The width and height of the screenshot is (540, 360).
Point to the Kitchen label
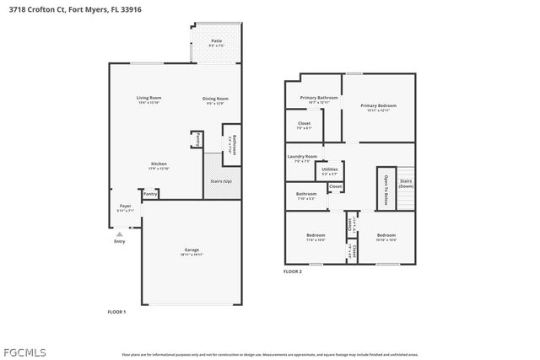[159, 165]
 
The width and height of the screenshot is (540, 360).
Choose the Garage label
[192, 251]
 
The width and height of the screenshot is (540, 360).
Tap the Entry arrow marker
[119, 234]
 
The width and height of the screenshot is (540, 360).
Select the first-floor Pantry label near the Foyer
[149, 195]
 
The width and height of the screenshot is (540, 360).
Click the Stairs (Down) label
[405, 183]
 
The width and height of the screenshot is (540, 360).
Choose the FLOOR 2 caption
[292, 271]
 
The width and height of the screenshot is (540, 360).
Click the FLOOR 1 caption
[116, 312]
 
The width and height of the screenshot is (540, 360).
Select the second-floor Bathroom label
[305, 195]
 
